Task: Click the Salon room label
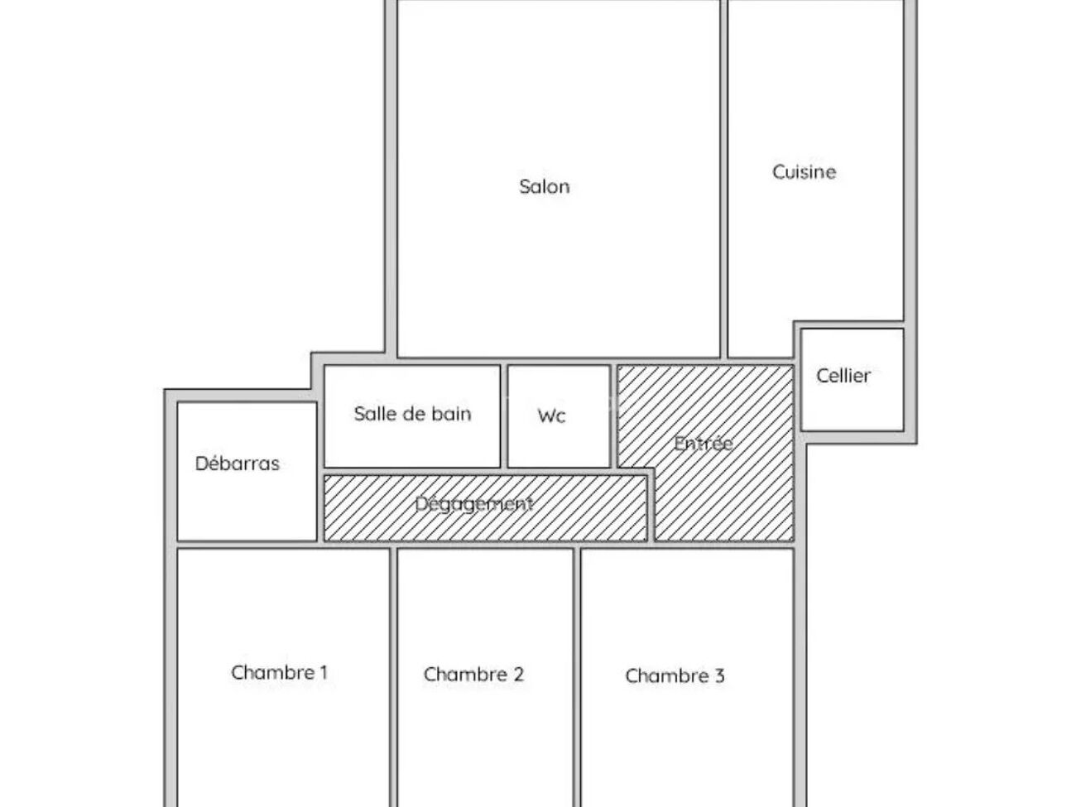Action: coord(544,186)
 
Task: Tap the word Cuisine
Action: coord(804,171)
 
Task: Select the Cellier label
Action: coord(843,376)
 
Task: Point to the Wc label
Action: coord(551,416)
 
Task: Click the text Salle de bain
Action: coord(412,414)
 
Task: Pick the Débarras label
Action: coord(238,463)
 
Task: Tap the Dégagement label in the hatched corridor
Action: coord(474,504)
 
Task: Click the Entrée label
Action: coord(704,443)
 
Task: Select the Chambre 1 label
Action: coord(279,672)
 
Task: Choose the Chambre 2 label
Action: coord(473,675)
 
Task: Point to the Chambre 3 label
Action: coord(675,675)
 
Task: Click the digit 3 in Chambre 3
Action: coord(719,675)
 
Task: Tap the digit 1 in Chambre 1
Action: coord(324,672)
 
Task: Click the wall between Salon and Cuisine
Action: coord(723,179)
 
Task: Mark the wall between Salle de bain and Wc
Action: coord(504,416)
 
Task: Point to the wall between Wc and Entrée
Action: coord(614,416)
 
